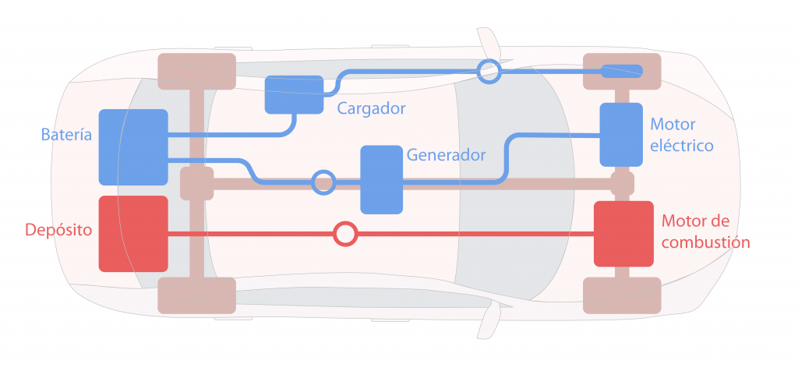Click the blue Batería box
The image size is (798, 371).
point(133,147)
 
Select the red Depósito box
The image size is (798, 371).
point(133,233)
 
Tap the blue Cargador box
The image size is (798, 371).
point(294,94)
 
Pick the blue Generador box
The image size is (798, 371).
point(382,179)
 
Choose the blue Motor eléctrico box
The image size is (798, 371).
point(621,134)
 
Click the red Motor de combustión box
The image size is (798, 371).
point(623,233)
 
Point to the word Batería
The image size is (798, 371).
point(66,135)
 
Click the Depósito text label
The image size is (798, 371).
point(59,230)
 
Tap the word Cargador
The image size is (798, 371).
point(372,108)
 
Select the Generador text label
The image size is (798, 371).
point(446,154)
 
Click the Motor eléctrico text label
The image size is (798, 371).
point(682,135)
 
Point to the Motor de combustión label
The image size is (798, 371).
point(704,231)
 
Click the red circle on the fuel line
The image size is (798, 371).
point(344,233)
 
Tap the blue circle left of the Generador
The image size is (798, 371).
point(323,182)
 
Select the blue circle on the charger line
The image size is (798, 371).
point(489,72)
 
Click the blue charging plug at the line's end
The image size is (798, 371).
point(622,72)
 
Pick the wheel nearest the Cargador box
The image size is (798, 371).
point(196,71)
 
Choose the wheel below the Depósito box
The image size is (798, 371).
point(196,295)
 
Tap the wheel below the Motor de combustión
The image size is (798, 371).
point(622,295)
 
